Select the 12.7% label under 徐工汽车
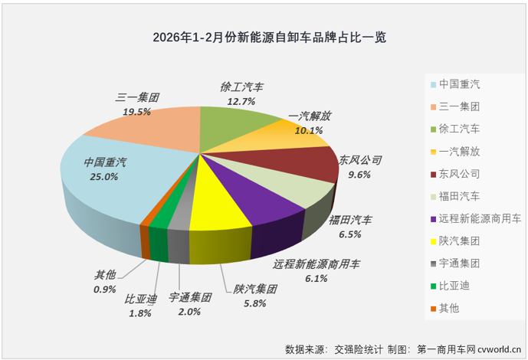[x=239, y=101]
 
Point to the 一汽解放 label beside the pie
[x=310, y=116]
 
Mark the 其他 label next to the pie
[x=103, y=275]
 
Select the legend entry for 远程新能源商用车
[x=479, y=220]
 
